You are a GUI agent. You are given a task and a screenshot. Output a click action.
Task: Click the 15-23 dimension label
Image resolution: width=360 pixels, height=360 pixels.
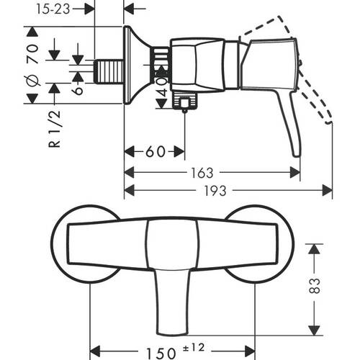(53, 9)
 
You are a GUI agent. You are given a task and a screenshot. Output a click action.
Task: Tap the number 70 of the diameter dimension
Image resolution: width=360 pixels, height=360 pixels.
(32, 54)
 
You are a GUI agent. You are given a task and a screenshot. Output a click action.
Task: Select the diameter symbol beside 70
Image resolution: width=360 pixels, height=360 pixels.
(33, 80)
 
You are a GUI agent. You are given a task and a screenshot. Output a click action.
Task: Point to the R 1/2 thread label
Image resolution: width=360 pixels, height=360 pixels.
(55, 129)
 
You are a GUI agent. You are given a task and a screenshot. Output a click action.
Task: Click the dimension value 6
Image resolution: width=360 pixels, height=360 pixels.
(78, 90)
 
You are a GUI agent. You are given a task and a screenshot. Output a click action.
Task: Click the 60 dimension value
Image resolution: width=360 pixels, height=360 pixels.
(156, 151)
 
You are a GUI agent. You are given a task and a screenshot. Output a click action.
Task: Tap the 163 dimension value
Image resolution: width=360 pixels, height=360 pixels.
(202, 173)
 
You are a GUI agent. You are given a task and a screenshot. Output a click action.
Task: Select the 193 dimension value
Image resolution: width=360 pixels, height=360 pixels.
(215, 191)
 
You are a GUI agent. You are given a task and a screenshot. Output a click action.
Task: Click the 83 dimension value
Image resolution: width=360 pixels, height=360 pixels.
(315, 285)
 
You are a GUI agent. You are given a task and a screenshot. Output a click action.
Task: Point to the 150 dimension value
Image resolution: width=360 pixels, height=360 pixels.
(161, 354)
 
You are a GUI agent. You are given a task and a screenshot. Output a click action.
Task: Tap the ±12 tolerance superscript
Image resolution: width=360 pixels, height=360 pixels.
(194, 348)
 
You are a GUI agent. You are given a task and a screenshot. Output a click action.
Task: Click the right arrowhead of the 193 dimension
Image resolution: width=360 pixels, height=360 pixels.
(328, 190)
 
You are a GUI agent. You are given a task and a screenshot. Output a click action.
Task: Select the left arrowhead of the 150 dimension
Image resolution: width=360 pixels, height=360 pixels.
(94, 351)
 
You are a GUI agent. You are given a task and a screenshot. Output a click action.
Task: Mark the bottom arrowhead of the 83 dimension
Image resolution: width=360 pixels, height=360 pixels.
(314, 330)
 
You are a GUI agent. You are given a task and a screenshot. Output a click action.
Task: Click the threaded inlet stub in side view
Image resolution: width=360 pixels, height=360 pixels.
(109, 71)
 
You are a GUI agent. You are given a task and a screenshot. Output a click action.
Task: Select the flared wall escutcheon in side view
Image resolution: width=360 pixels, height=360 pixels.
(135, 65)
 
